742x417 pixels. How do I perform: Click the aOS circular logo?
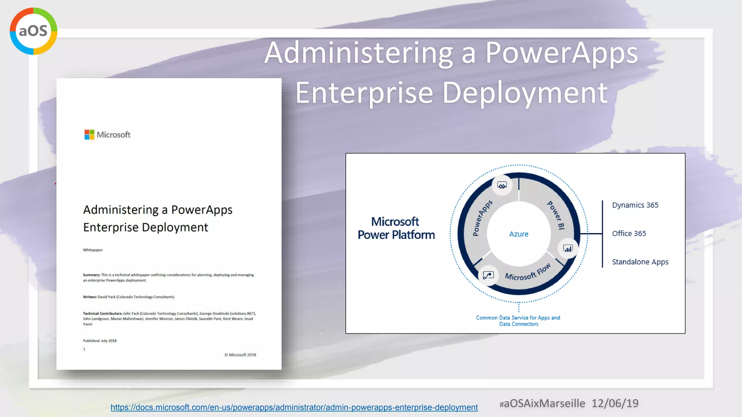tap(33, 31)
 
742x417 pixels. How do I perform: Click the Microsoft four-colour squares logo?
tap(89, 135)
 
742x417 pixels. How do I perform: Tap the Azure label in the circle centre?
tap(518, 234)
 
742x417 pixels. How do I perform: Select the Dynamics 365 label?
tap(635, 205)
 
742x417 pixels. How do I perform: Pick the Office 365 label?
tap(629, 233)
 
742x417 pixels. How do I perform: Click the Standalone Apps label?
tap(640, 262)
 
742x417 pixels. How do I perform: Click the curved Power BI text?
tap(556, 215)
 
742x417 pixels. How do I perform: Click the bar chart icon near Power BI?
tap(568, 249)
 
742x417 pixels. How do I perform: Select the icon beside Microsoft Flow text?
tap(488, 275)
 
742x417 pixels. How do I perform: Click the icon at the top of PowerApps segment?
tap(502, 186)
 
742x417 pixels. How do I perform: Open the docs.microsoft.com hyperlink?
tap(294, 407)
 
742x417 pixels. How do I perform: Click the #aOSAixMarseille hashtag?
tap(542, 403)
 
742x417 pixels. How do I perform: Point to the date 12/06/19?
tap(615, 403)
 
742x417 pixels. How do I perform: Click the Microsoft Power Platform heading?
tap(396, 228)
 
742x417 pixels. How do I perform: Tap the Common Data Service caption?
tap(518, 321)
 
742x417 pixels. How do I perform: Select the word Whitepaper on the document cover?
tap(93, 250)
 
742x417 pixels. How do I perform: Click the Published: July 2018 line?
tap(100, 341)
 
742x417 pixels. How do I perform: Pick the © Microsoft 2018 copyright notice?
tap(240, 355)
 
